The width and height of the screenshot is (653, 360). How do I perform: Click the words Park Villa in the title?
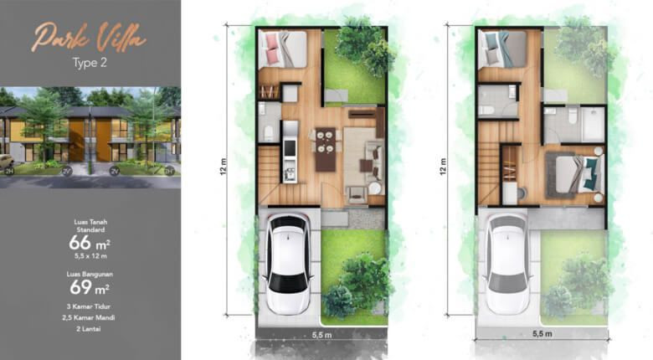pyautogui.click(x=90, y=38)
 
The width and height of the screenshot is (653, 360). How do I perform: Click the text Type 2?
pyautogui.click(x=89, y=62)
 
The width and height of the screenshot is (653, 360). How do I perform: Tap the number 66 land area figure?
pyautogui.click(x=82, y=243)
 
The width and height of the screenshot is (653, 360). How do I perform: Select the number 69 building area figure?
pyautogui.click(x=82, y=289)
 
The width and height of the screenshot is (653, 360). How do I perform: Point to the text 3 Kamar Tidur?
pyautogui.click(x=90, y=308)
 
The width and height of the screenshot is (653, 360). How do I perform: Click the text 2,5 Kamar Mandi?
pyautogui.click(x=90, y=319)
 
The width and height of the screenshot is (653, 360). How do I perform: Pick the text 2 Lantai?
pyautogui.click(x=90, y=331)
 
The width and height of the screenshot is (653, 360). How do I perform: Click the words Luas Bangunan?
pyautogui.click(x=90, y=274)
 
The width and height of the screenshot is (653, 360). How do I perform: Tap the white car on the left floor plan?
pyautogui.click(x=287, y=264)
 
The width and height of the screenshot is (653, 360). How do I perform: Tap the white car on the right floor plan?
pyautogui.click(x=507, y=264)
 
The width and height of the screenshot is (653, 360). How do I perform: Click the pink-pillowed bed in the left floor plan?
pyautogui.click(x=282, y=49)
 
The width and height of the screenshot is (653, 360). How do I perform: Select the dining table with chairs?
pyautogui.click(x=326, y=149)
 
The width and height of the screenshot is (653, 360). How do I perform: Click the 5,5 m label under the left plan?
pyautogui.click(x=321, y=333)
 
